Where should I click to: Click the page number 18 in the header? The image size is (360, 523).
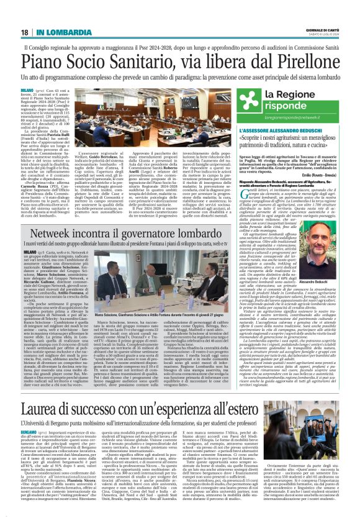click(x=24, y=32)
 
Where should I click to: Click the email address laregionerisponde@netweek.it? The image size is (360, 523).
click(x=300, y=116)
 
